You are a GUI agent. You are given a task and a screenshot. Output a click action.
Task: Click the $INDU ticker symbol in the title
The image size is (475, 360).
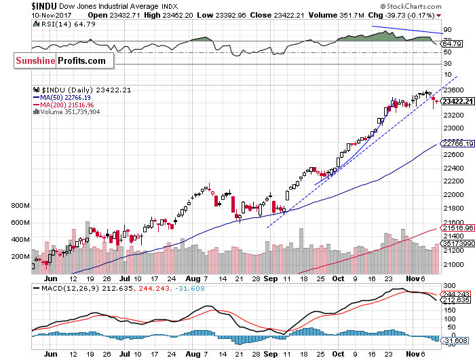point(47,5)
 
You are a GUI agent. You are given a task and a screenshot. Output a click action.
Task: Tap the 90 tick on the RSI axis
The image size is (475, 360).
point(449,30)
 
